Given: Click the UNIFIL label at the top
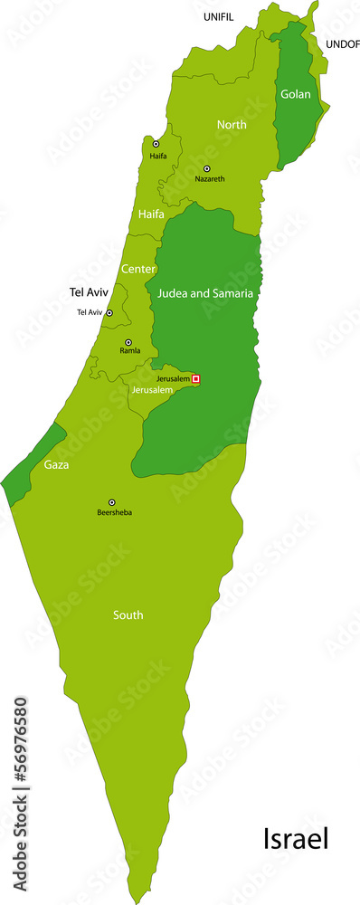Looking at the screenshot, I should click(x=219, y=17).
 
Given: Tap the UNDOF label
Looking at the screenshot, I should click(x=342, y=43).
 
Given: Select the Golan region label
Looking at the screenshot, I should click(x=295, y=94).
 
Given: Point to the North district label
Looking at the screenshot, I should click(x=232, y=125).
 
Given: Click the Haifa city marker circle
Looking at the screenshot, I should click(x=156, y=144).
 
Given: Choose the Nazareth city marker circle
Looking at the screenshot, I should click(x=206, y=168).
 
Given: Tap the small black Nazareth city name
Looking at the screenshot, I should click(x=209, y=179).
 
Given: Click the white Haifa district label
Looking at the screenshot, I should click(x=151, y=214).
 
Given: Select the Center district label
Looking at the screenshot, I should click(x=138, y=270).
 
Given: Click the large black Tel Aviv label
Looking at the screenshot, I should click(x=90, y=292).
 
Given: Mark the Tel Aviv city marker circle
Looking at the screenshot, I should click(x=109, y=312).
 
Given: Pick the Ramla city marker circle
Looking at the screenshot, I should click(x=128, y=342).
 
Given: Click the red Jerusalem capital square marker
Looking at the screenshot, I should click(x=195, y=378).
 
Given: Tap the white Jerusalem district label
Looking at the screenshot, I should click(x=151, y=390).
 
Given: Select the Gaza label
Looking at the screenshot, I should click(x=56, y=465).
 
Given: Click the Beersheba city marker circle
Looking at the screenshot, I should click(x=112, y=502).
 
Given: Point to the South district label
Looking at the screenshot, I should click(x=128, y=615).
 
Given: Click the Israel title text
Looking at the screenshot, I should click(x=296, y=840).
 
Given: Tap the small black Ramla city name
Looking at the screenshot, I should click(x=130, y=351).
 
